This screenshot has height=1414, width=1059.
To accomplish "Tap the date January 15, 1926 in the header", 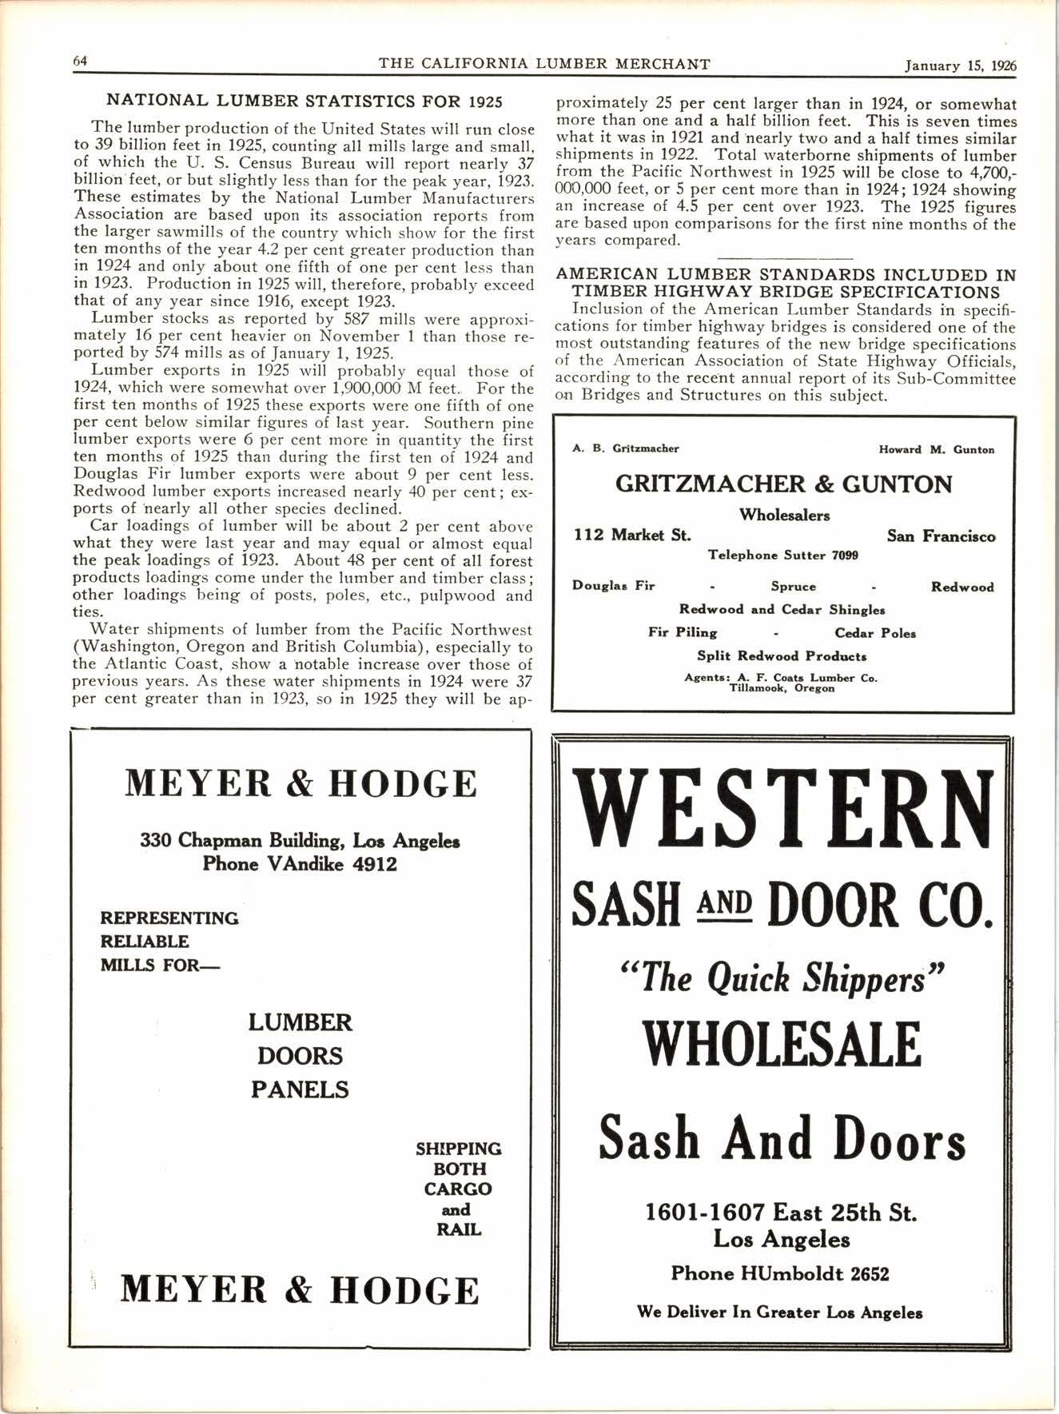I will (x=960, y=66).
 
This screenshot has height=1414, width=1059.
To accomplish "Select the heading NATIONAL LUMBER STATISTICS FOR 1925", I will (x=305, y=102).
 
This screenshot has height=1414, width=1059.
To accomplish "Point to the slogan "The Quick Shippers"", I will (x=782, y=978).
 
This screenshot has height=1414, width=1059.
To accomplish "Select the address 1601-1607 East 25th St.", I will (x=780, y=1213).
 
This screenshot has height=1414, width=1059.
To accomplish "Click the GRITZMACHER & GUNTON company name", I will (x=783, y=484).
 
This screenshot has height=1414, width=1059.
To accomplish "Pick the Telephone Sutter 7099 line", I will (x=783, y=555).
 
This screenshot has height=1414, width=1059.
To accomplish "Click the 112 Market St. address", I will (x=633, y=536).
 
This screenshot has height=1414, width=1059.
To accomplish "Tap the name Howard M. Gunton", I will (x=936, y=450).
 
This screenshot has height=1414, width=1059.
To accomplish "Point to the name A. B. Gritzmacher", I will (x=626, y=449).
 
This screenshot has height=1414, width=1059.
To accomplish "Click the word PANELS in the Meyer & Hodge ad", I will (x=300, y=1089).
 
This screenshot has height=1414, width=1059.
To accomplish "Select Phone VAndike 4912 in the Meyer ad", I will (x=300, y=864).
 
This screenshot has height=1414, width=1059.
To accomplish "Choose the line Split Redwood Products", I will (x=782, y=656).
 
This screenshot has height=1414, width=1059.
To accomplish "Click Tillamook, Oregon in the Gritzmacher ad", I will (x=782, y=688).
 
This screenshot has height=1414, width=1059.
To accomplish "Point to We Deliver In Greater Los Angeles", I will (x=779, y=1312).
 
